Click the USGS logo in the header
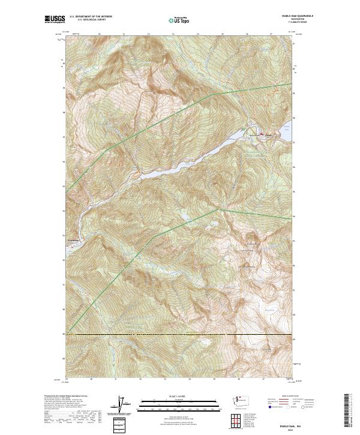(55, 19)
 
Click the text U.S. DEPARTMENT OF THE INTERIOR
(91, 16)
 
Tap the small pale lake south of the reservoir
(182, 214)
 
